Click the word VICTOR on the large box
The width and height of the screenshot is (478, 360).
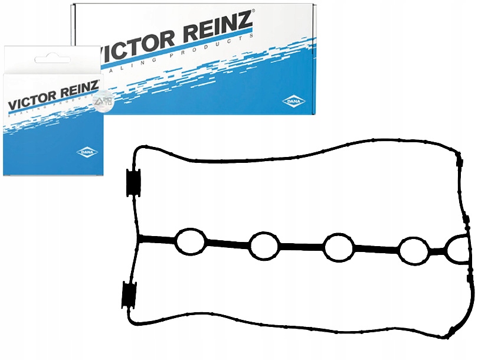click(138, 46)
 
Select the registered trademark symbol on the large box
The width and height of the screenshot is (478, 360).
click(253, 11)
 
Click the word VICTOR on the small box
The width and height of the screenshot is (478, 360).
click(29, 100)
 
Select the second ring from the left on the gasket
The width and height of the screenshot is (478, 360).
click(264, 245)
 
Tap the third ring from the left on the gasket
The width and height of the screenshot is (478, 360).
click(338, 247)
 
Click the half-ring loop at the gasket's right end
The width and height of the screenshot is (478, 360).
click(459, 250)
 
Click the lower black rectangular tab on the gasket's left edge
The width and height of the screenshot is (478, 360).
click(128, 294)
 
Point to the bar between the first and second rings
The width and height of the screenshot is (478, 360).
click(227, 243)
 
